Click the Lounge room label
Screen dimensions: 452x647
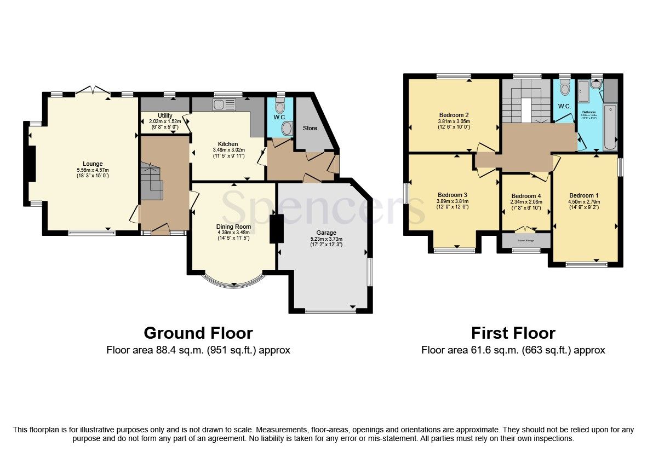tap(93, 164)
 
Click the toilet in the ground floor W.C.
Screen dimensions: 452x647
tap(280, 107)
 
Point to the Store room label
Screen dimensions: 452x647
tap(310, 128)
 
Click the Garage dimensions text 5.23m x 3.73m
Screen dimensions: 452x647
tap(325, 238)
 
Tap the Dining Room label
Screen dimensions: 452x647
tap(234, 227)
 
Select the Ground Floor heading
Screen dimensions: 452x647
tap(198, 333)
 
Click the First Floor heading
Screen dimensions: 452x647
tap(513, 333)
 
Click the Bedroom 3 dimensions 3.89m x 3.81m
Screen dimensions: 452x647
tap(453, 201)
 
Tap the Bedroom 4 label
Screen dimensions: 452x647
tap(526, 196)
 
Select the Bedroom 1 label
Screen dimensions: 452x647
tap(584, 196)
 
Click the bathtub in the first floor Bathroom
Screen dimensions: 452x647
tap(610, 128)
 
